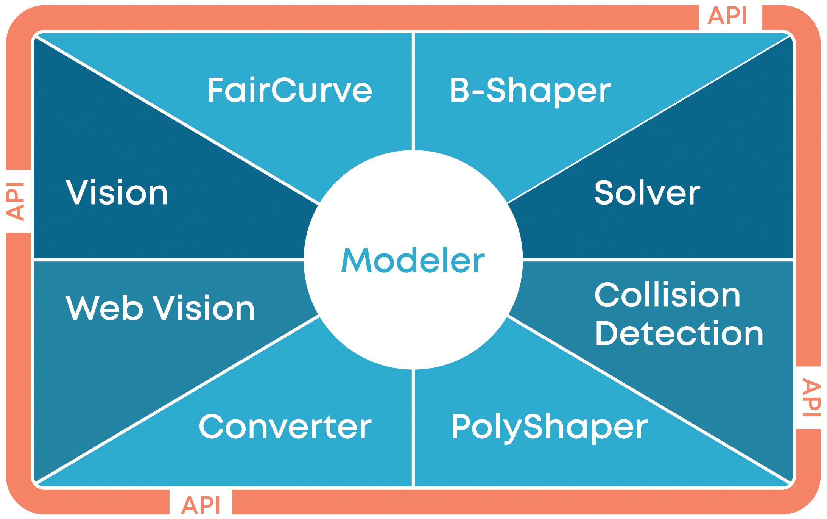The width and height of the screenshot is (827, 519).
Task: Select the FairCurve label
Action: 290,90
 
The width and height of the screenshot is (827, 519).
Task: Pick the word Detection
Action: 679,333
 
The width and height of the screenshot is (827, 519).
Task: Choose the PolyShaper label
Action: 550,428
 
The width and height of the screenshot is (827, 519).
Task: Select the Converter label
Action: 285,427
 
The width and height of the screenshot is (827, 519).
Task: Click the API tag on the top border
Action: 727,16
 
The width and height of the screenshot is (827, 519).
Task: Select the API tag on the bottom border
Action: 201,505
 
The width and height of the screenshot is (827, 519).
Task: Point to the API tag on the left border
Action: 15,202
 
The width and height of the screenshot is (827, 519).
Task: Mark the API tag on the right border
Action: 811,398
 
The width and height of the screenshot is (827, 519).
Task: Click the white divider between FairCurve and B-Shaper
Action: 413,92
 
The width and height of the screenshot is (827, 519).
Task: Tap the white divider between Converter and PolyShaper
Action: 413,428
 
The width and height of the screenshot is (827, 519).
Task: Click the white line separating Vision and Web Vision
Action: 169,260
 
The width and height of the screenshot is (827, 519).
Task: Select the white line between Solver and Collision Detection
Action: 658,260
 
